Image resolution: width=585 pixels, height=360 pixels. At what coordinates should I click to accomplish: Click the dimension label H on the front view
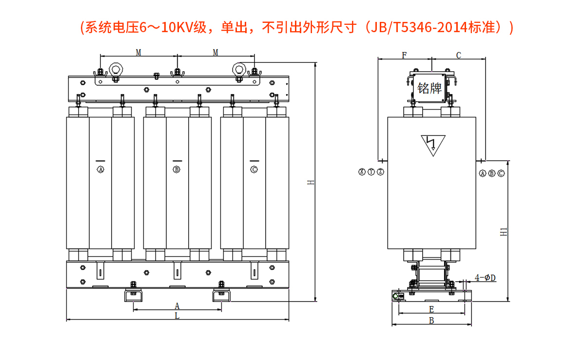coord(311,183)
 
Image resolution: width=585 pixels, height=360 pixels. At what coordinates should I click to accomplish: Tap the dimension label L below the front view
coord(177,316)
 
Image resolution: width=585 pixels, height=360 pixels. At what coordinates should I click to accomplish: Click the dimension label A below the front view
coord(177,306)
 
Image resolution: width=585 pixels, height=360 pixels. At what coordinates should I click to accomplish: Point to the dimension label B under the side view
coord(431,320)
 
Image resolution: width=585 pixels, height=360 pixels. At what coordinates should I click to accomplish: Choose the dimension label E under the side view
coord(431,309)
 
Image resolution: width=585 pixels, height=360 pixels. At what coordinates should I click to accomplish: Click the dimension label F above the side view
coord(404,55)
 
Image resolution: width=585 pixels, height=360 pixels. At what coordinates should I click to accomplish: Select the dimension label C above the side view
coord(458,55)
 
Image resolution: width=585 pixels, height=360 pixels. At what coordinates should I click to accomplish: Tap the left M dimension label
coord(138,52)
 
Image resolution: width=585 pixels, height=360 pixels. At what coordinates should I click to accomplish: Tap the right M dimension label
coord(215,52)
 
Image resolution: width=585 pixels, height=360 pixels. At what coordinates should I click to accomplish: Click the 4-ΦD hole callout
coord(485,278)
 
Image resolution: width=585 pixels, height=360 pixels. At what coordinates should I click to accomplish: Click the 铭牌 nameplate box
coord(429,88)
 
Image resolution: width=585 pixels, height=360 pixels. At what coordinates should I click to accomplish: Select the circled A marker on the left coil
coord(101,170)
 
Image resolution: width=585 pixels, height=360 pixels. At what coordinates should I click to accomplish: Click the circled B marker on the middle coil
coord(177,170)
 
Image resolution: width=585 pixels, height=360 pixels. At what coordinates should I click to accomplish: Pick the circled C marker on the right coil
coord(254,170)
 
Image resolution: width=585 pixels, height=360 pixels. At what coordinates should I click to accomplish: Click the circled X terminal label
coord(362,172)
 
